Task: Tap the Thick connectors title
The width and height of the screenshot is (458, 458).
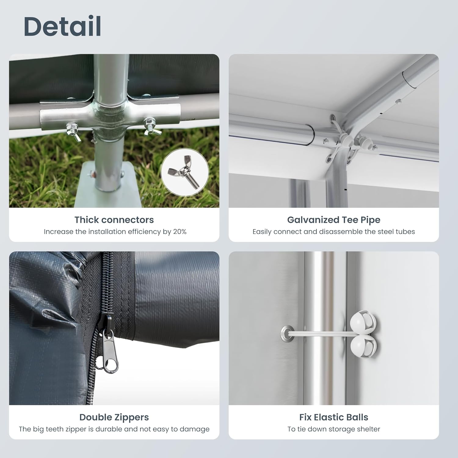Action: [114, 220]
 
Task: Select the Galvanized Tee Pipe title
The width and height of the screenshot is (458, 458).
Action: [334, 220]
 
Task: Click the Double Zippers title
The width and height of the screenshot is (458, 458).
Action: [114, 417]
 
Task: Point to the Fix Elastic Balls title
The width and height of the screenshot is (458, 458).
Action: [334, 417]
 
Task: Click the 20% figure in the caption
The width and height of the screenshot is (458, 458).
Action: [180, 232]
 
